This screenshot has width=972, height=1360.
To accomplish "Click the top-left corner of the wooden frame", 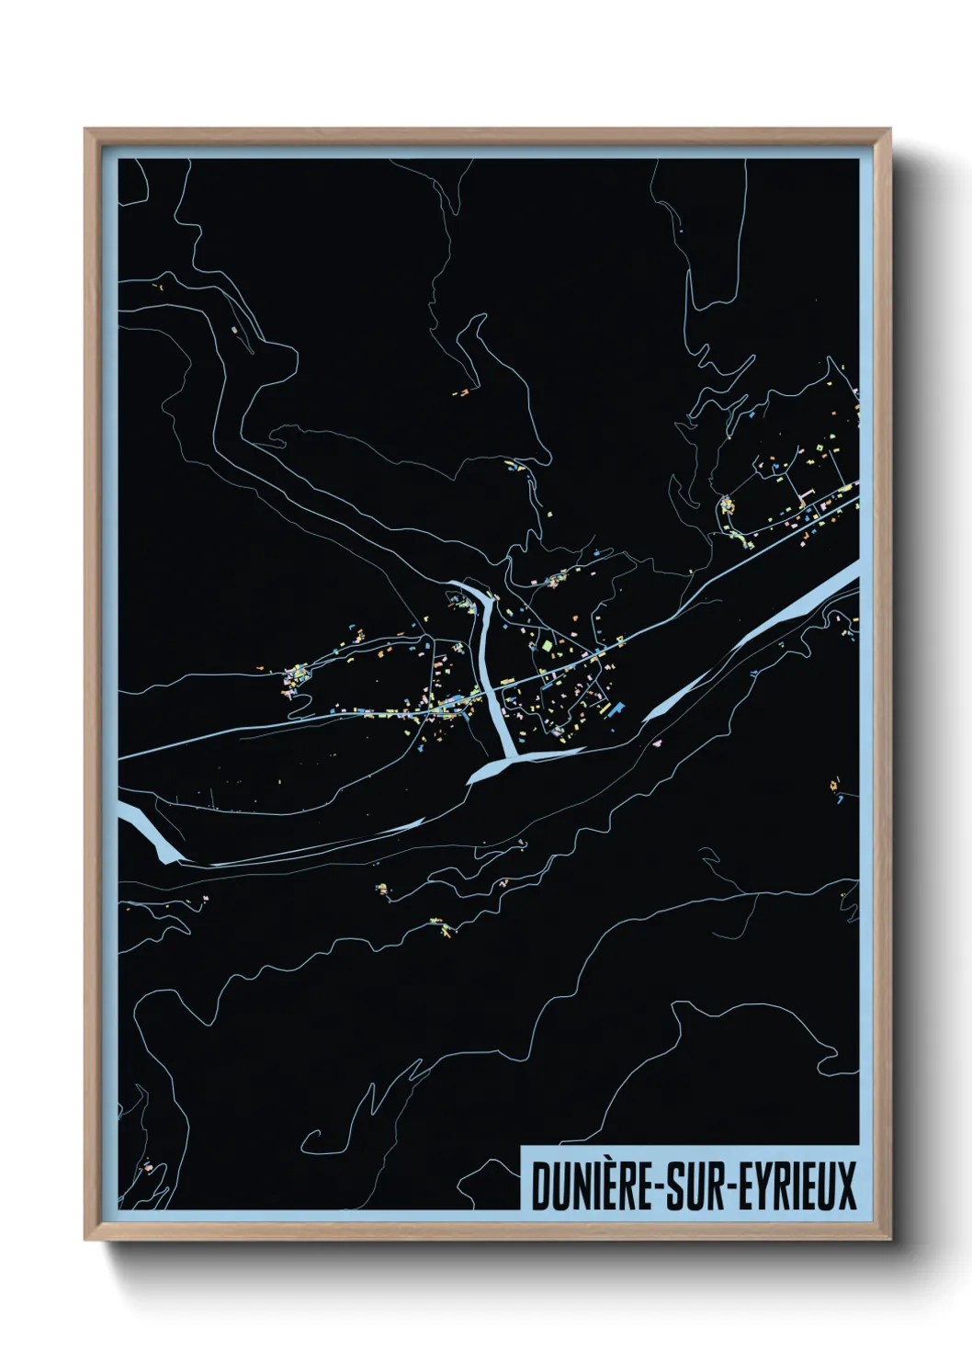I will [x=86, y=130].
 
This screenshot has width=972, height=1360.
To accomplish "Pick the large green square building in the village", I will [x=548, y=646].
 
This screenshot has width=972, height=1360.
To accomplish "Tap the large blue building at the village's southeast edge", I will [x=614, y=708].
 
